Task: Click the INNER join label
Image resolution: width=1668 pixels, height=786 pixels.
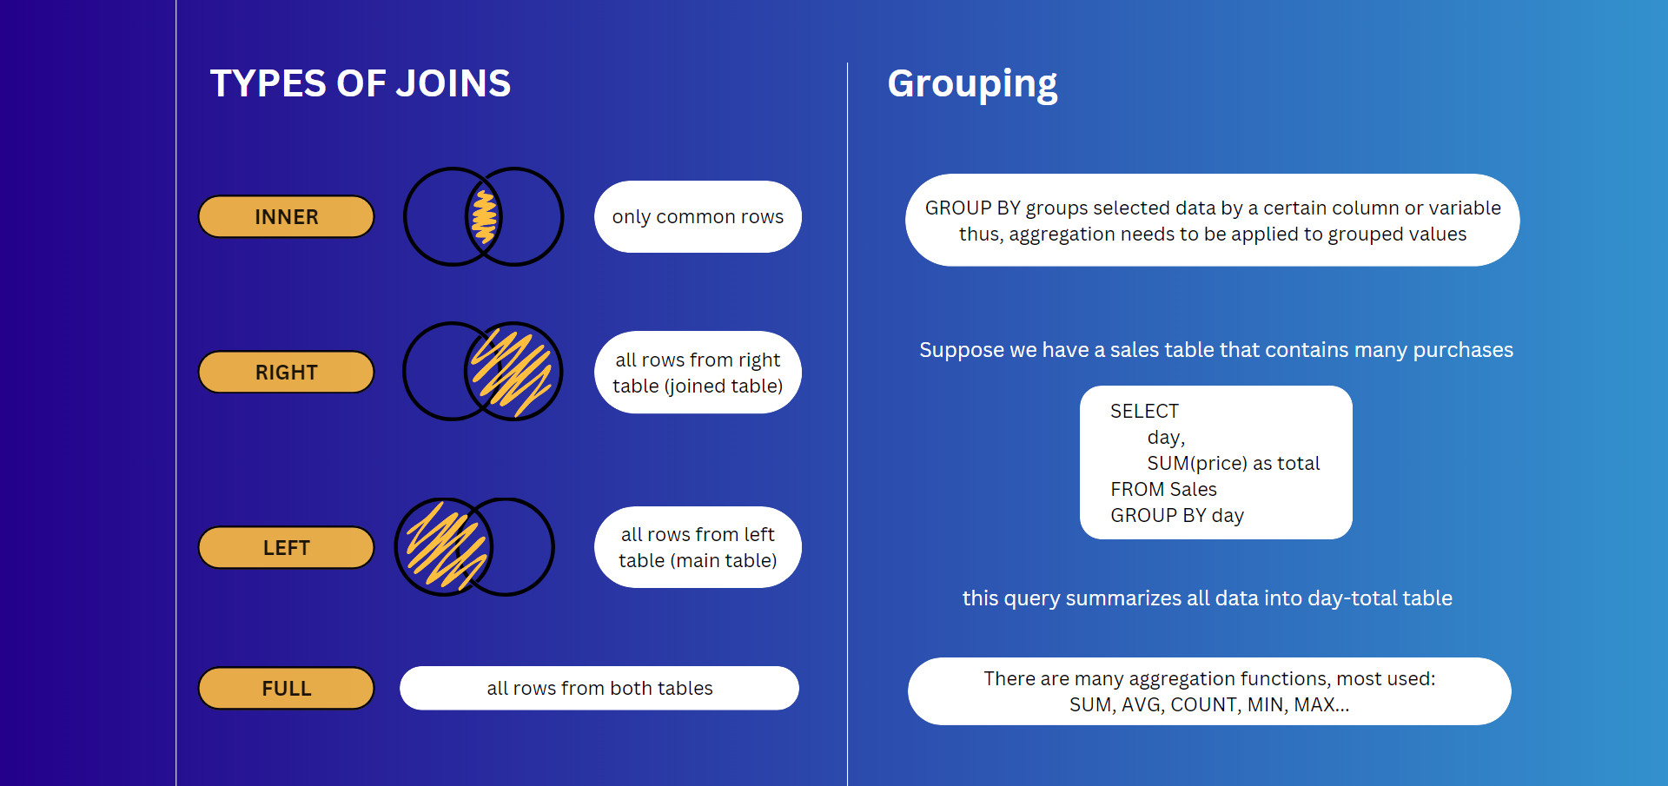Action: [x=286, y=216]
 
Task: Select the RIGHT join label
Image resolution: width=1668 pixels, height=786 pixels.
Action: [x=286, y=372]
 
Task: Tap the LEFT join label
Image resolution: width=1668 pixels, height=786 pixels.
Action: [x=286, y=547]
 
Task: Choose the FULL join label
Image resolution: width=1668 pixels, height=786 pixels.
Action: [x=286, y=688]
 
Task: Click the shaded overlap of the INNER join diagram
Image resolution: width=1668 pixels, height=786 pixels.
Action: [x=484, y=216]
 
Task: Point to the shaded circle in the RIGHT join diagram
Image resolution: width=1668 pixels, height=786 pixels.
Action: [x=513, y=372]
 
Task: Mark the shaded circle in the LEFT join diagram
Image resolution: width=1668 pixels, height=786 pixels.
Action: [x=444, y=547]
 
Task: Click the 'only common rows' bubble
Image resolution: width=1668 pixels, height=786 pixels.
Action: [x=698, y=216]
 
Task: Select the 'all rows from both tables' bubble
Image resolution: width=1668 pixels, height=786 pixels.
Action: [x=599, y=688]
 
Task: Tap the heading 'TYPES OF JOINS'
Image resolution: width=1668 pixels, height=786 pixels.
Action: [x=361, y=83]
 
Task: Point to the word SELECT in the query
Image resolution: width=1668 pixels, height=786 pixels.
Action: [x=1144, y=411]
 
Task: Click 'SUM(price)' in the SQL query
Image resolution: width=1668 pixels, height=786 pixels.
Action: [x=1196, y=464]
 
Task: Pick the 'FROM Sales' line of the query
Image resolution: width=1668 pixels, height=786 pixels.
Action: [x=1163, y=489]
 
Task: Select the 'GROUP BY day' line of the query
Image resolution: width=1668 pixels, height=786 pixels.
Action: [x=1177, y=516]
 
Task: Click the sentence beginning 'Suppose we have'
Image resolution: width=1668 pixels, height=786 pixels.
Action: [x=1216, y=350]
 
